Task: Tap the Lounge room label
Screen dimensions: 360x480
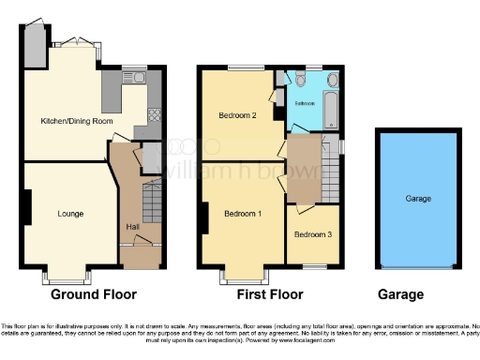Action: [x=70, y=214]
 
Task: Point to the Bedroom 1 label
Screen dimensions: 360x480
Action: [x=243, y=214]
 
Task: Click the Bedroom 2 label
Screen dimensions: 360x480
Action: [x=237, y=115]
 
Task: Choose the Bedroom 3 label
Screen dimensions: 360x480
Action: [x=312, y=233]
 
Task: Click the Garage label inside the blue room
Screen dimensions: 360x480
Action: [x=418, y=200]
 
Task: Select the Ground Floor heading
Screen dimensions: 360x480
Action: [x=93, y=294]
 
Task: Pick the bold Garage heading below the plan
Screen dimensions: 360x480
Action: [x=400, y=294]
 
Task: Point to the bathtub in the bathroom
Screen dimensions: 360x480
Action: [x=330, y=111]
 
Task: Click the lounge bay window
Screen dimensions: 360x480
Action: [x=69, y=277]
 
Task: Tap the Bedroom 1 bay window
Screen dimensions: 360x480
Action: [x=243, y=277]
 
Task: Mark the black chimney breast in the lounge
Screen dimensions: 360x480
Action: [x=27, y=206]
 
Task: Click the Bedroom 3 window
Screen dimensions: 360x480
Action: [x=312, y=268]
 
